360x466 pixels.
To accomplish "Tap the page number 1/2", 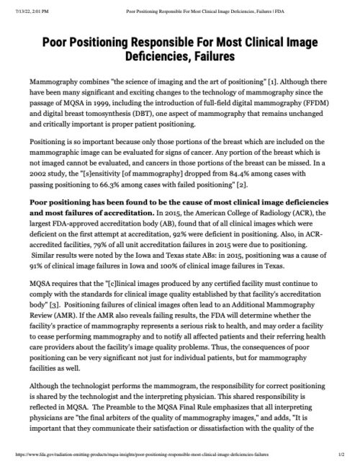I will pyautogui.click(x=342, y=456).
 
